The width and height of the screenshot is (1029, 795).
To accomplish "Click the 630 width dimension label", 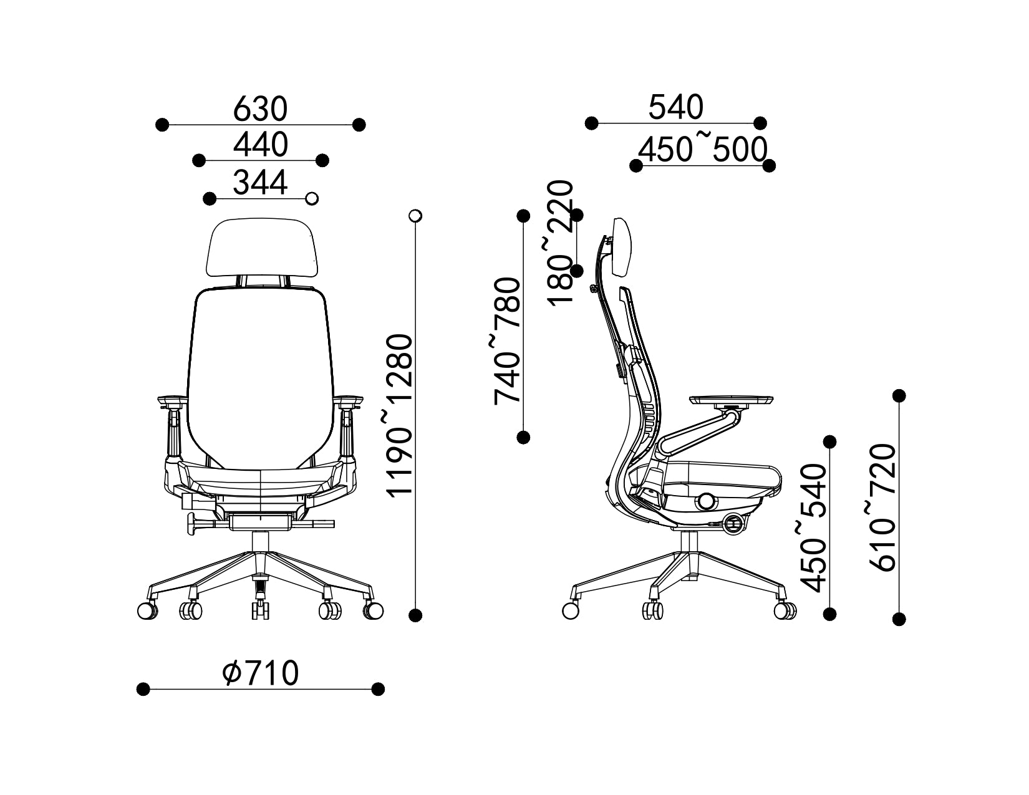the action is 260,108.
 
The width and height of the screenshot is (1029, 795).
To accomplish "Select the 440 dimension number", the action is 261,145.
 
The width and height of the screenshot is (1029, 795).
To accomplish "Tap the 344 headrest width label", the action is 260,182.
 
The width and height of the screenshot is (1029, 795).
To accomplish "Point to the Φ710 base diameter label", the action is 261,673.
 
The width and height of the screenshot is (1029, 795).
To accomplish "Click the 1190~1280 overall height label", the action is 400,416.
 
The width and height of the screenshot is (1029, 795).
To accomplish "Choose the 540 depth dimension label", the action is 676,107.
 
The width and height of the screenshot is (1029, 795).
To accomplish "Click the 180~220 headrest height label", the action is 561,243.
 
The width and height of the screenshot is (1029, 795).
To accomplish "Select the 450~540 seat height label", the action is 813,528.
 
